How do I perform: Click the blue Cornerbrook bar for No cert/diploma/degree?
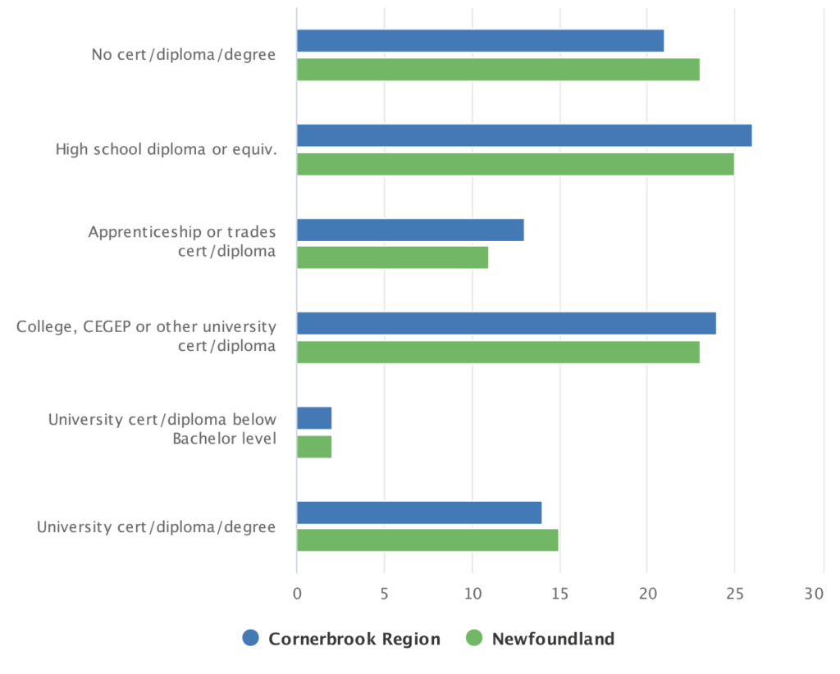pos(480,41)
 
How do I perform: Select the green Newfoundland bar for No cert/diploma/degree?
pos(498,70)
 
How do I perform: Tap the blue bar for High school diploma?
pos(524,135)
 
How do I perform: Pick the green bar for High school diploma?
pos(515,164)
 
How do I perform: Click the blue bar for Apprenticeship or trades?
pos(410,230)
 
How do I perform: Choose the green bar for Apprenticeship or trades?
pos(392,257)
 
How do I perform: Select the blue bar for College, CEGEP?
pos(506,323)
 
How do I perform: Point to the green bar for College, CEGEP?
pos(498,352)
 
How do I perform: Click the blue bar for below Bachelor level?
pos(314,417)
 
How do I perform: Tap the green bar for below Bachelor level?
pos(314,446)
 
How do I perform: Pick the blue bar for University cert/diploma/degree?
pos(419,512)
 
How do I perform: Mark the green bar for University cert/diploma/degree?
pos(427,540)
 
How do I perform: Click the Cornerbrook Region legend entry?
pos(342,639)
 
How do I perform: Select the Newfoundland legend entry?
pos(541,639)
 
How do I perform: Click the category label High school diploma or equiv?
pos(166,149)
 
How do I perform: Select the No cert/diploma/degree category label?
pos(184,55)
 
